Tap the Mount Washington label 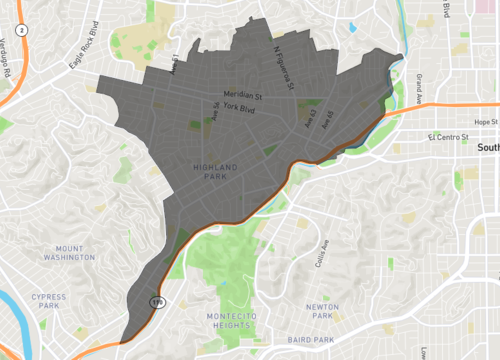click(x=76, y=254)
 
